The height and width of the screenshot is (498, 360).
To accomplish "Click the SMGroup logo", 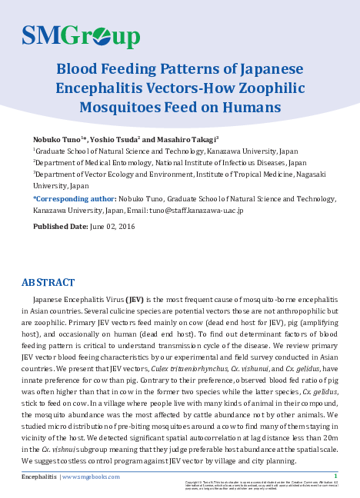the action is pos(81,35).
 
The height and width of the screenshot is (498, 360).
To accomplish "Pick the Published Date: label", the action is pos(60,226).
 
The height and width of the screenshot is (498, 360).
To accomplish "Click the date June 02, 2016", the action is pos(112,226).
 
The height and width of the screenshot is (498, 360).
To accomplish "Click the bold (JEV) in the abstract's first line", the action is pos(135,298).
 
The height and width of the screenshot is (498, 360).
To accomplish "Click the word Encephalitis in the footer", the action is pos(38,477).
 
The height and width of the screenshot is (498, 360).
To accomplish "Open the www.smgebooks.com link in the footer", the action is pos(92,477).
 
